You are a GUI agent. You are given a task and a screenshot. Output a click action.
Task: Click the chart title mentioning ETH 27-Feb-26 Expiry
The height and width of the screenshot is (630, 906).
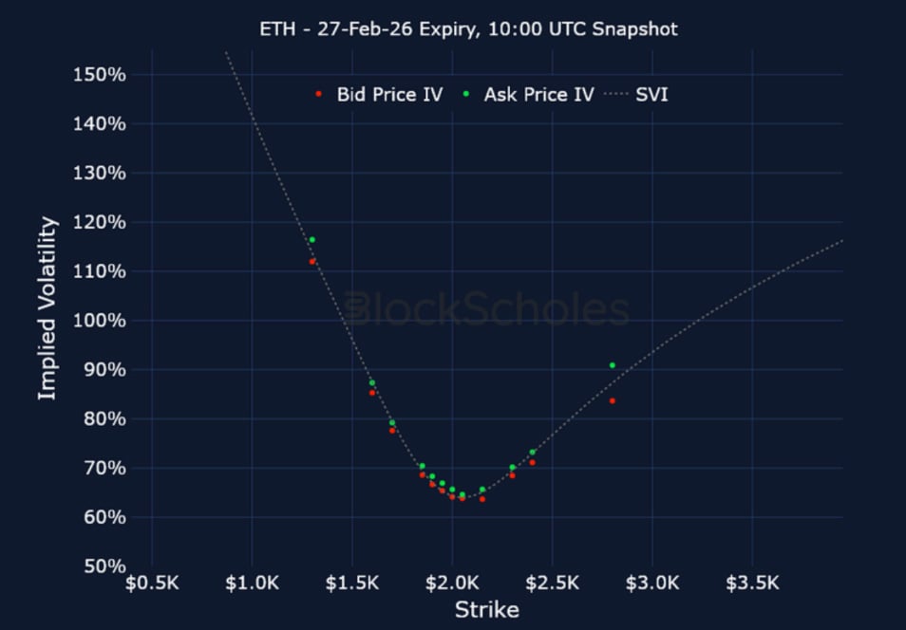pyautogui.click(x=468, y=29)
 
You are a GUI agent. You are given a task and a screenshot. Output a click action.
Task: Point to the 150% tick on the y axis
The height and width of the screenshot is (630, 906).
pyautogui.click(x=100, y=75)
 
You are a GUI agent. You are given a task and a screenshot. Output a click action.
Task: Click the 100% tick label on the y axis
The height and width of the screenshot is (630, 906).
pyautogui.click(x=100, y=321)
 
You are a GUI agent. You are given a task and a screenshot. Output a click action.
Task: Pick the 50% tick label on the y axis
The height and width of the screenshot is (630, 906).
pyautogui.click(x=104, y=566)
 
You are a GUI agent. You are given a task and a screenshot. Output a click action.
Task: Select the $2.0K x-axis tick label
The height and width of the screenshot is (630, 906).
pyautogui.click(x=452, y=582)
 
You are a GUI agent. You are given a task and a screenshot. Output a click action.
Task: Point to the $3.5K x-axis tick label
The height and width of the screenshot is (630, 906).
pyautogui.click(x=752, y=582)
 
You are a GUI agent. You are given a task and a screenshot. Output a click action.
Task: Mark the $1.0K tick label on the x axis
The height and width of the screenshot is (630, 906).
pyautogui.click(x=253, y=582)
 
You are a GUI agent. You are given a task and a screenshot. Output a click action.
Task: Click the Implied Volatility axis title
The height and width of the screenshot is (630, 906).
pyautogui.click(x=47, y=308)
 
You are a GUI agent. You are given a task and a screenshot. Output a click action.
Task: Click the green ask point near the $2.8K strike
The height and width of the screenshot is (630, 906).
pyautogui.click(x=613, y=365)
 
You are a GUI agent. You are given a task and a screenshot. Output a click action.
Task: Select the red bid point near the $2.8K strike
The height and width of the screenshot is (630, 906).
pyautogui.click(x=613, y=400)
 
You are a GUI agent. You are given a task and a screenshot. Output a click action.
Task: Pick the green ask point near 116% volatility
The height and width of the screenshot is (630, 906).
pyautogui.click(x=312, y=240)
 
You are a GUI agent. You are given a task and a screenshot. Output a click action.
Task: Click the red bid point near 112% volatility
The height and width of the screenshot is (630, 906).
pyautogui.click(x=312, y=261)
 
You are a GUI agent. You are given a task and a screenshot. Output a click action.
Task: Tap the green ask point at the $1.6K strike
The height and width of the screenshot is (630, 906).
pyautogui.click(x=372, y=383)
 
